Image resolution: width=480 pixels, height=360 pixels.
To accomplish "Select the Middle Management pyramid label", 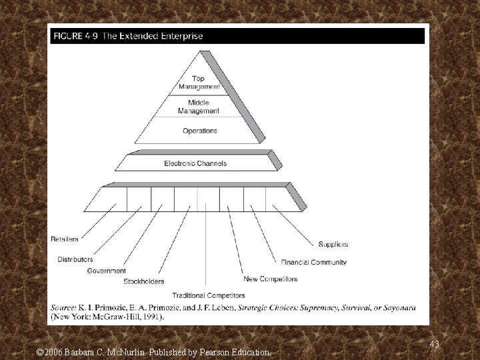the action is (x=199, y=107).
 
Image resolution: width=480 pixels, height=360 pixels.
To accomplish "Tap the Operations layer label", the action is (x=200, y=131).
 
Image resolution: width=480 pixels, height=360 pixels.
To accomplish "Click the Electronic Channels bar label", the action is (x=195, y=163).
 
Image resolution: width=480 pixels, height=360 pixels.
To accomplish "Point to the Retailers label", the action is (x=65, y=239).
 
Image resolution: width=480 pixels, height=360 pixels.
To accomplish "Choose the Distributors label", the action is (x=75, y=259).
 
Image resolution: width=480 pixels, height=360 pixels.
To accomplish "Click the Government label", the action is (x=106, y=271).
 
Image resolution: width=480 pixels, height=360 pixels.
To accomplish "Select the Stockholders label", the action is (x=143, y=281).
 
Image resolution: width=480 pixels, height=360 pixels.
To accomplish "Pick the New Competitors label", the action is (x=271, y=279).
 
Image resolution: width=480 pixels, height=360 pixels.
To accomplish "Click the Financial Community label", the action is (x=314, y=262).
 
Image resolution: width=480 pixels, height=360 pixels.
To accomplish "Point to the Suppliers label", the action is (x=333, y=244).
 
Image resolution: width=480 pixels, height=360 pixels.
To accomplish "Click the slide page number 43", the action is (x=435, y=343).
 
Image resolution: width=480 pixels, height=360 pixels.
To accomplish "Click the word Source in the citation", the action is (x=65, y=307).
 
